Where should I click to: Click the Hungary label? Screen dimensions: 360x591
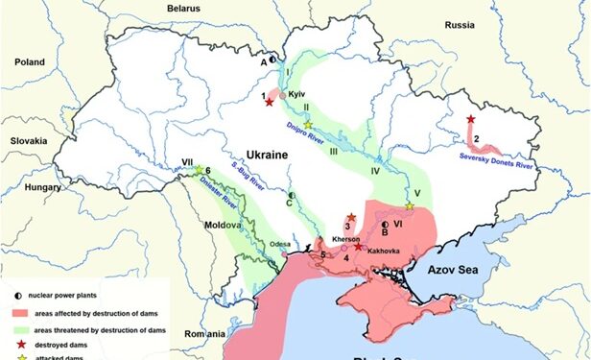point(44,187)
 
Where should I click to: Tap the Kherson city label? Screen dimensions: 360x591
point(344,237)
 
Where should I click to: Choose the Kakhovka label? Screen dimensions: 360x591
point(376,250)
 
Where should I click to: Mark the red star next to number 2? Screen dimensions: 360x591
point(470,119)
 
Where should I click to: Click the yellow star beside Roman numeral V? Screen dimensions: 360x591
point(410,206)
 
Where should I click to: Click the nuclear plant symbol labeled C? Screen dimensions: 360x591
point(293,195)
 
